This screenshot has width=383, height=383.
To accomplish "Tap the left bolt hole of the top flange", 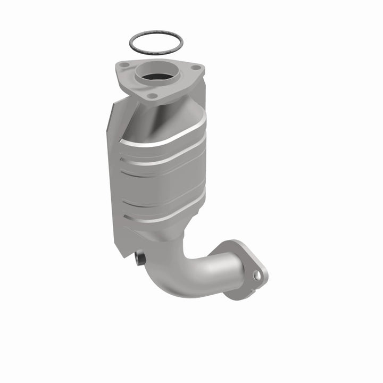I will tap(124, 65).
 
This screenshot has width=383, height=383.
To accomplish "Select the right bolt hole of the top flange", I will tap(195, 68).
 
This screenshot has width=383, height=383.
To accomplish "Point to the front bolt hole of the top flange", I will tap(153, 96).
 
